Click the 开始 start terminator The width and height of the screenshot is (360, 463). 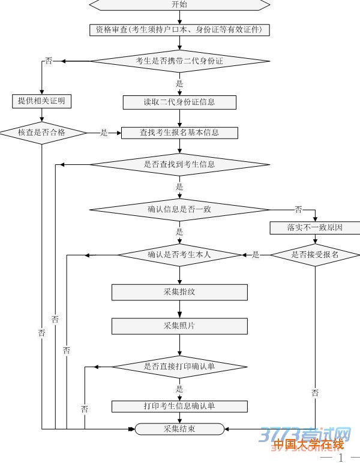coord(179,5)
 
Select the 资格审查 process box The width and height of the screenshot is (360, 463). coord(179,29)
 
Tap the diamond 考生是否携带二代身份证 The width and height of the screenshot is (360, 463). coord(179,61)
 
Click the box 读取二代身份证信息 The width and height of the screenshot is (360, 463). coord(179,103)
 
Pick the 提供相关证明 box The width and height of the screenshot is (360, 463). coord(41,101)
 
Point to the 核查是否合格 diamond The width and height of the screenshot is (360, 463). coord(41,133)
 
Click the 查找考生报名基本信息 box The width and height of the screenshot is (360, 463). coord(179,133)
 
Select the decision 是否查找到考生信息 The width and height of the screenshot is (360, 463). coord(179,164)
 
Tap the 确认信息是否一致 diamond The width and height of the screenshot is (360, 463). coord(179,209)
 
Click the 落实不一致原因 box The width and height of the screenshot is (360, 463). coord(315,228)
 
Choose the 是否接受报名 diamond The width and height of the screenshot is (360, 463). coord(315,255)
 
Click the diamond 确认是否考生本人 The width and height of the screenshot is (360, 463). coord(179,255)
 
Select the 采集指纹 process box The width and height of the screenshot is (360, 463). coord(179,292)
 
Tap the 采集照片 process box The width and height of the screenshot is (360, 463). coord(179,326)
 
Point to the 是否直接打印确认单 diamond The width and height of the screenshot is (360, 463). coord(179,366)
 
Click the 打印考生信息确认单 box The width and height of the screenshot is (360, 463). coord(179,406)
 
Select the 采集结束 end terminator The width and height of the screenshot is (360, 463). coord(179,428)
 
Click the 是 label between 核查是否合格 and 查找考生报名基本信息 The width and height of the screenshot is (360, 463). coord(104,133)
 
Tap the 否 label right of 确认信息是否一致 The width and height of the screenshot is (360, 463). coord(298,209)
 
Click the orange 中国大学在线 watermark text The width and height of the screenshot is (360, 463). coord(308,445)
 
